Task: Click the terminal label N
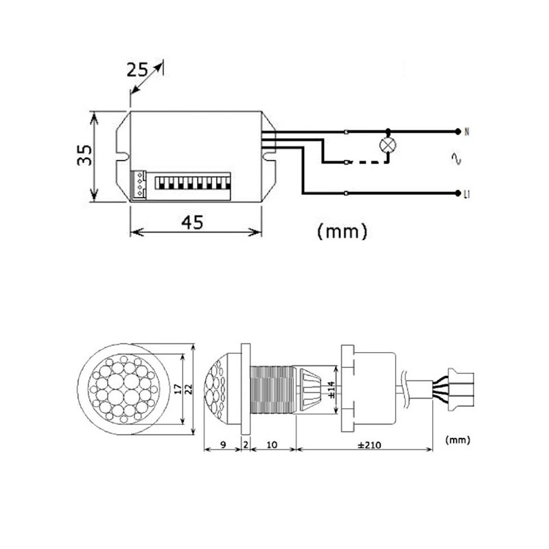(467, 130)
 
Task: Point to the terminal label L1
(467, 195)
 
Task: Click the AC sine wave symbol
(455, 160)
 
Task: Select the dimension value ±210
(366, 445)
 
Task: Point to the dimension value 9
(224, 445)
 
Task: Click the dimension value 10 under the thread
(272, 445)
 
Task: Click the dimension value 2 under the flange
(246, 445)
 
